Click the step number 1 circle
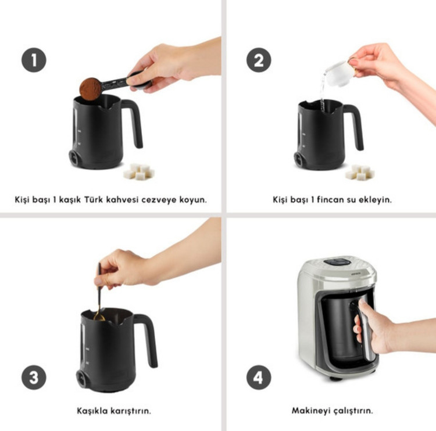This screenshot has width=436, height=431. (34, 60)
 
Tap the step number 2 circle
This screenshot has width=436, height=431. (259, 60)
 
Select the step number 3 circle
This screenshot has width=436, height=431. (34, 378)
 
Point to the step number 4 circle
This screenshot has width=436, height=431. (259, 378)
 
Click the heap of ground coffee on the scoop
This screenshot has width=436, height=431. (90, 89)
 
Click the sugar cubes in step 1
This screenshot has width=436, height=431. (139, 171)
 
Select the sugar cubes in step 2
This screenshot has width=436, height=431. (360, 173)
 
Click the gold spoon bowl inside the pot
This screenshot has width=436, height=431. (99, 316)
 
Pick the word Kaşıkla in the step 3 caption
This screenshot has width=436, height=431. (92, 411)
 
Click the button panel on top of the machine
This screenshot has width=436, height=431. (337, 262)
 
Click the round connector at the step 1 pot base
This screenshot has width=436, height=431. (74, 158)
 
